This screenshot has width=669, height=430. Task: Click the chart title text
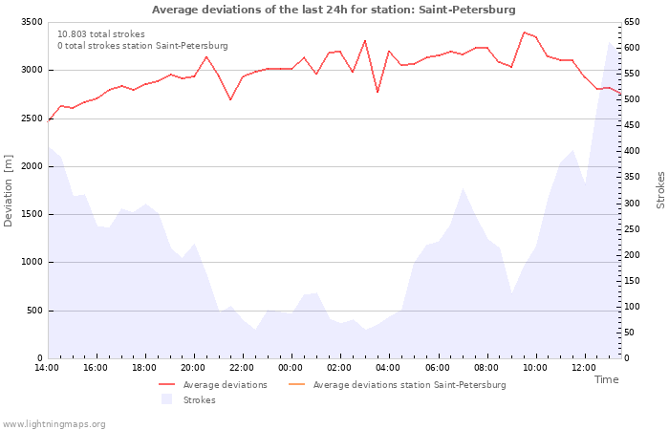point(334,10)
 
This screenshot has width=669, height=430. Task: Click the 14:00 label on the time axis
point(47,368)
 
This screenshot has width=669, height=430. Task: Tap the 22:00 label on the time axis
point(242,368)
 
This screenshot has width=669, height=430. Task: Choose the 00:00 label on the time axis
point(291,368)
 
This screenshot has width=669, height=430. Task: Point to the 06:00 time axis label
point(437,368)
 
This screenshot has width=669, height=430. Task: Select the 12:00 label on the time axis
point(583,368)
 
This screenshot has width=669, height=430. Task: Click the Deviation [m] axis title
point(10,190)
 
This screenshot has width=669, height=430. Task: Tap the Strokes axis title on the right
point(660,190)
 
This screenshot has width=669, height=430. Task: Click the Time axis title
point(606,379)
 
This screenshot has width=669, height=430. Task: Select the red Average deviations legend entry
point(226,385)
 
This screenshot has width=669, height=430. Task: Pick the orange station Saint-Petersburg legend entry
point(409,385)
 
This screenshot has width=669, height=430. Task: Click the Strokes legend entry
point(199,400)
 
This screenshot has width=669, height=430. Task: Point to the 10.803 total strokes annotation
point(101,34)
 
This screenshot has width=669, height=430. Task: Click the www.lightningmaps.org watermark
point(54,424)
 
